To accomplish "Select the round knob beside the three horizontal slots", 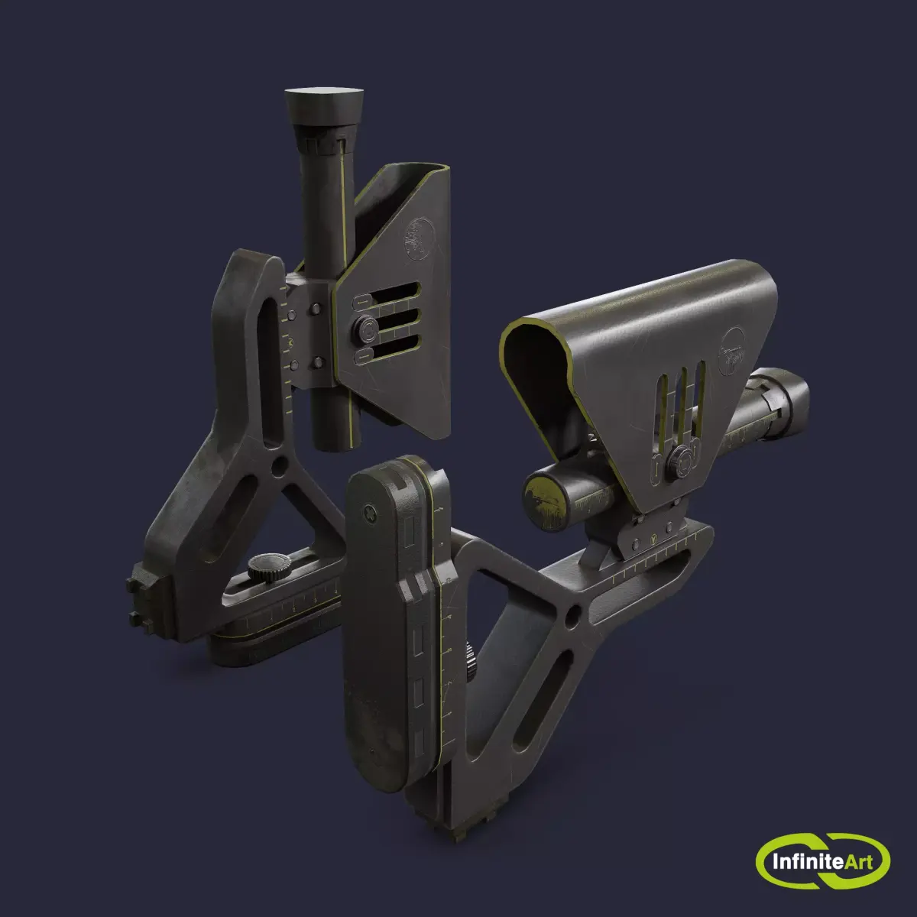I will pos(365,330).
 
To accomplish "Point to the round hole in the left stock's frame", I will pos(280,464).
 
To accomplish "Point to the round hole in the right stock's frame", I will pos(572,616).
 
